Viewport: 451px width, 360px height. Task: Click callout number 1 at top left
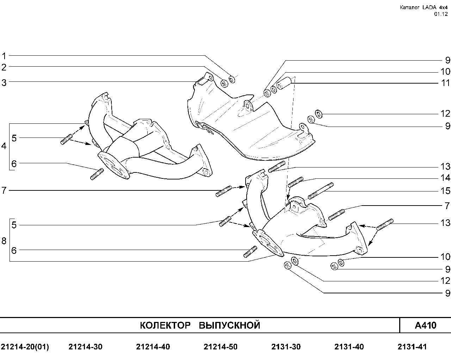[4, 56]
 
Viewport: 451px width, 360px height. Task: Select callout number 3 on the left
[4, 83]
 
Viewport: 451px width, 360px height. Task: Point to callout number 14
[445, 178]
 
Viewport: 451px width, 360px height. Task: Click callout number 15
[445, 191]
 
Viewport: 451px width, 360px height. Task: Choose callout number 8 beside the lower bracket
[4, 241]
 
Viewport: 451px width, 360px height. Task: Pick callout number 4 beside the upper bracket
[4, 146]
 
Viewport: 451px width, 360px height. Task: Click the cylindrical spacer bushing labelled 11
[284, 83]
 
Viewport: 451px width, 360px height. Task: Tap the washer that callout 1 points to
[232, 79]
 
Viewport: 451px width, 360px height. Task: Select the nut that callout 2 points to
[224, 84]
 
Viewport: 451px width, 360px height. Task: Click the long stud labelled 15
[321, 191]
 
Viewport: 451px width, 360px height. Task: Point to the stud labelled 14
[296, 182]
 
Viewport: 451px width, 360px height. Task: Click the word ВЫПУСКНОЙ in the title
[229, 325]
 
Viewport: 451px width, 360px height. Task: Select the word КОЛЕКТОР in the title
[165, 325]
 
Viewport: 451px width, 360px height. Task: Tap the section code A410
[425, 325]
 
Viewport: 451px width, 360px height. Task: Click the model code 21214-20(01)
[25, 347]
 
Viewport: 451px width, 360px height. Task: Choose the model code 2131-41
[412, 347]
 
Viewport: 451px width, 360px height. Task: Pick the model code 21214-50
[221, 347]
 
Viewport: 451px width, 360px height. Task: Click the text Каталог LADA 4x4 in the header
[424, 7]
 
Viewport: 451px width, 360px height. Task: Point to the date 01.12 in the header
[441, 14]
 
